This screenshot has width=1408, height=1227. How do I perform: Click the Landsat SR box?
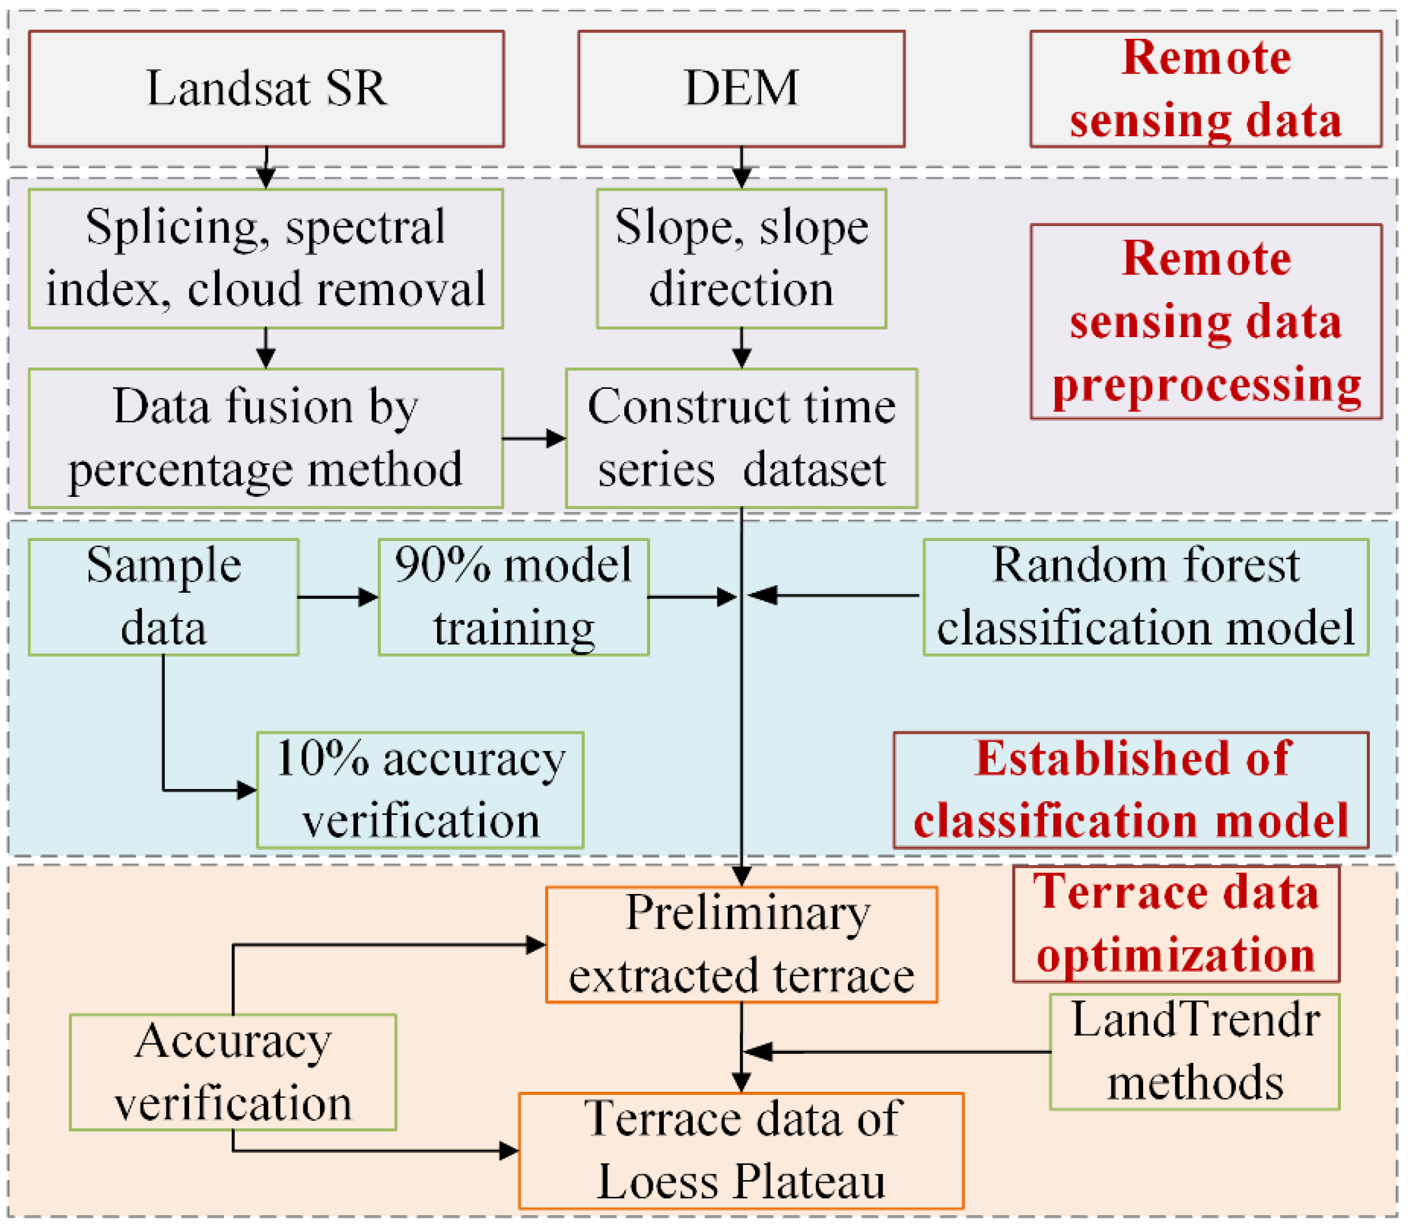pyautogui.click(x=266, y=89)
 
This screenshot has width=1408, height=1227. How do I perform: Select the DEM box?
pyautogui.click(x=741, y=89)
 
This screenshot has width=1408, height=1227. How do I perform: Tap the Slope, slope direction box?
pyautogui.click(x=741, y=259)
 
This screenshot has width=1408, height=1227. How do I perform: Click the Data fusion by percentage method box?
pyautogui.click(x=266, y=438)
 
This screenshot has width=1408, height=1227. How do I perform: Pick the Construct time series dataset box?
pyautogui.click(x=741, y=438)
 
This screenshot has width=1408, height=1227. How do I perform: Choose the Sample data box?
pyautogui.click(x=163, y=597)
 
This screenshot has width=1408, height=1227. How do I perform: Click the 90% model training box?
pyautogui.click(x=513, y=597)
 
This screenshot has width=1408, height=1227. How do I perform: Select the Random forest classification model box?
pyautogui.click(x=1146, y=597)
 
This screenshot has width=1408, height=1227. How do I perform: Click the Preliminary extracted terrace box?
pyautogui.click(x=741, y=945)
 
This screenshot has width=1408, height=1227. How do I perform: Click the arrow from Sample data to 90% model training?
pyautogui.click(x=338, y=597)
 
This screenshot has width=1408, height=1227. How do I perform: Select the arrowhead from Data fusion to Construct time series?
pyautogui.click(x=556, y=438)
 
